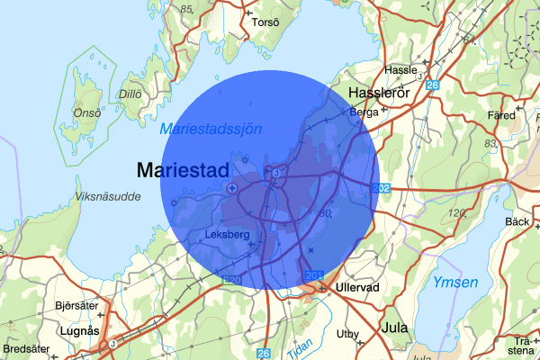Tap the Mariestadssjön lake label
[211, 130]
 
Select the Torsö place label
[266, 22]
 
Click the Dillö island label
[130, 92]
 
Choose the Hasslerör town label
[378, 94]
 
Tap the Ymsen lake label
[450, 283]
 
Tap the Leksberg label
[227, 235]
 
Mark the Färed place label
[501, 116]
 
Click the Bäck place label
[517, 221]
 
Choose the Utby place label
[347, 334]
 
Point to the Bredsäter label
[27, 348]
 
